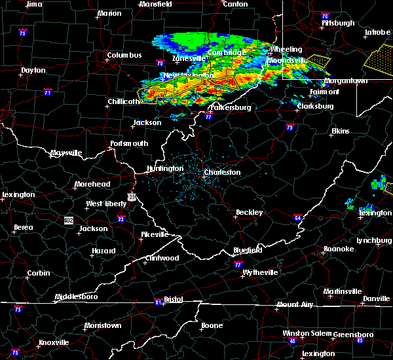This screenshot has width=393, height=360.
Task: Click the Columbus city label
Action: tap(124, 55)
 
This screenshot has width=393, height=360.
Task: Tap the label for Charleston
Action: tap(223, 172)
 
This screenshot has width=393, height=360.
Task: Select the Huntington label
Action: tap(165, 168)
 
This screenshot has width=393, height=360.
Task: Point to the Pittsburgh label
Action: tap(338, 23)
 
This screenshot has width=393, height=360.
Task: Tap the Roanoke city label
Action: tap(338, 249)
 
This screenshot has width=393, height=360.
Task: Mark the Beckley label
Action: tap(249, 212)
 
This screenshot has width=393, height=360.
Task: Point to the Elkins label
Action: tap(340, 131)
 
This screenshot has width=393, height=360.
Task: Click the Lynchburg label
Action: tap(374, 240)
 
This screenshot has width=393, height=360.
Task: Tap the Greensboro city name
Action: tap(353, 334)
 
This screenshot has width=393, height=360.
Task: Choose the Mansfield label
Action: tap(157, 4)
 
